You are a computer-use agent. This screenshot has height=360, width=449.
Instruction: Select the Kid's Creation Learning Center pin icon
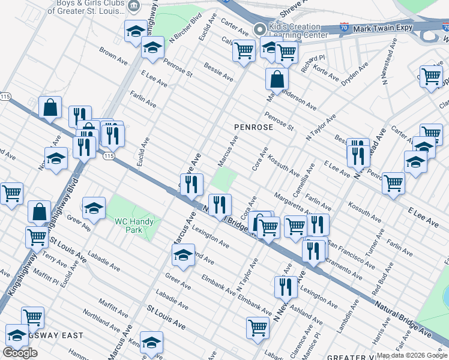(x=259, y=29)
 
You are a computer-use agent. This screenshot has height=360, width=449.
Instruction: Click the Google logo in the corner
(x=20, y=353)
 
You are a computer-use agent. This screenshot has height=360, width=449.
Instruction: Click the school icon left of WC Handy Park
(x=94, y=208)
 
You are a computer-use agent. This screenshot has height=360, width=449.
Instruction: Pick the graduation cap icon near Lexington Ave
(x=183, y=254)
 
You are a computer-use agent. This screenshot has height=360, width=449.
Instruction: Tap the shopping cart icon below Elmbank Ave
(x=258, y=328)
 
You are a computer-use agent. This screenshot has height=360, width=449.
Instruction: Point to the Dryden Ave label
(x=353, y=76)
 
